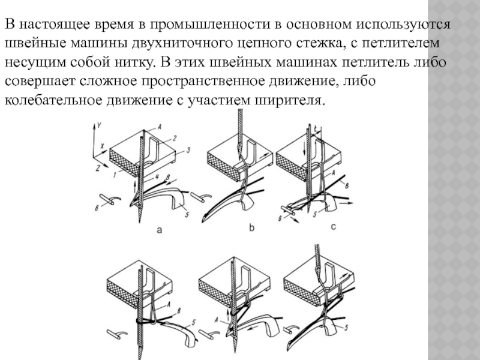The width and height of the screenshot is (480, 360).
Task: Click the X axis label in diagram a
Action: point(104,146)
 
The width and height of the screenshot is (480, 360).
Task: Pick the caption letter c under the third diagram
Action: point(334,227)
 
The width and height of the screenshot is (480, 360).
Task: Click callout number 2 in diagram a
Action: point(174,137)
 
